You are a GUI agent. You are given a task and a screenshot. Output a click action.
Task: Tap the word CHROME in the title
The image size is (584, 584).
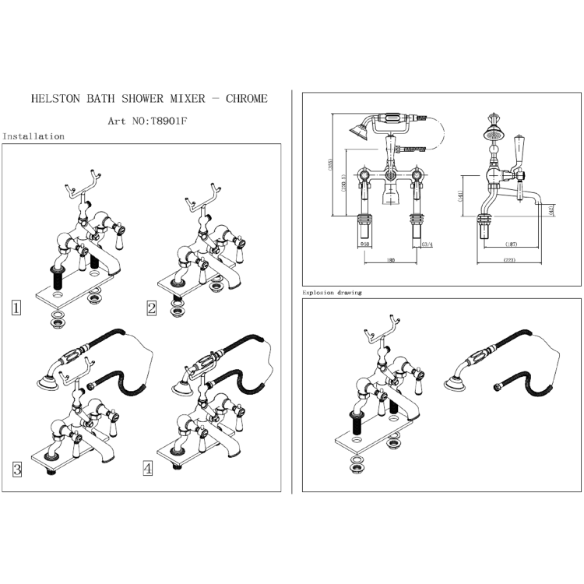[246, 99]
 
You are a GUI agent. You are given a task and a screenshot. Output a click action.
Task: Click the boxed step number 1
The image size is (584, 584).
[16, 307]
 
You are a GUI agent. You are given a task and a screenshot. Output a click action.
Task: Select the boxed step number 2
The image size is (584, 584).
[152, 307]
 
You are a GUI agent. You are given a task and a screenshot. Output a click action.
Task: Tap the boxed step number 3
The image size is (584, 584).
[16, 469]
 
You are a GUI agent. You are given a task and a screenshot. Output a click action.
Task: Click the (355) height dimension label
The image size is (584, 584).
[331, 165]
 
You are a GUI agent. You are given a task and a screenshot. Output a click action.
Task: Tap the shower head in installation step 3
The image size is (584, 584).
[45, 379]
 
